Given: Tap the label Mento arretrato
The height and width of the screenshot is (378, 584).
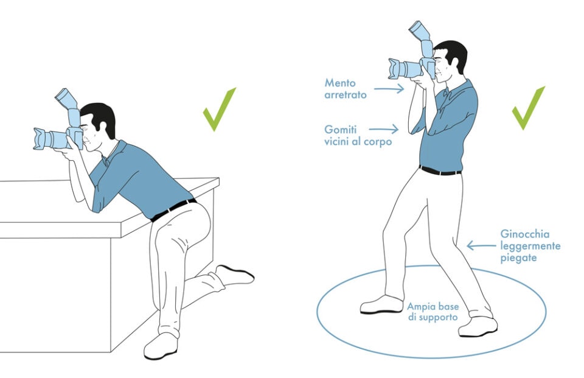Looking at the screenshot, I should (x=346, y=88).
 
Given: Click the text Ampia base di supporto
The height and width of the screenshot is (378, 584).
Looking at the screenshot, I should (x=433, y=311).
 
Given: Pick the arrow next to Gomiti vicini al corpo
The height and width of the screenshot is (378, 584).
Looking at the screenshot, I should (x=383, y=128).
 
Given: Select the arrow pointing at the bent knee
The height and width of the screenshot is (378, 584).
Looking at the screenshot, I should (x=481, y=245).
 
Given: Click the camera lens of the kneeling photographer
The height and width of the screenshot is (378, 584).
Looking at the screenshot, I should (x=49, y=139).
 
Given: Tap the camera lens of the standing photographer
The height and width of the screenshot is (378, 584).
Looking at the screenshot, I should (x=403, y=68).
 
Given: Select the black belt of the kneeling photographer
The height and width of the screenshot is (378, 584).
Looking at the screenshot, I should (x=173, y=209).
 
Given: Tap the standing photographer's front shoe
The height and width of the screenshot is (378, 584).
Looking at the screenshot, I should (x=381, y=304).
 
